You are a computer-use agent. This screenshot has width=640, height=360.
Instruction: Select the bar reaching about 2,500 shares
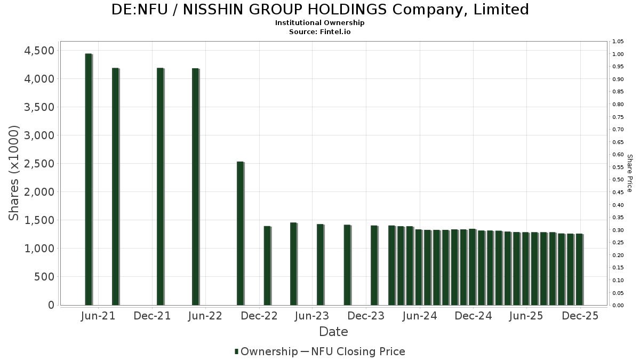pos(240,233)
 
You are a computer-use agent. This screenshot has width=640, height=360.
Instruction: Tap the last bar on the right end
pos(579,269)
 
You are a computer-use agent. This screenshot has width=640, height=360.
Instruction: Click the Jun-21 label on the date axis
pos(99,316)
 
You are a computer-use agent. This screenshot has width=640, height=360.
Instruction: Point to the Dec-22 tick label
pos(259,316)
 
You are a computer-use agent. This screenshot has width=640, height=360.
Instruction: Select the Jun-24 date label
pos(420,316)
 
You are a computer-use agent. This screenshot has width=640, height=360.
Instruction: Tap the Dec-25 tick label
pos(580,316)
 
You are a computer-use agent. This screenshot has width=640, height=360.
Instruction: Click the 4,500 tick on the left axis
pos(37,51)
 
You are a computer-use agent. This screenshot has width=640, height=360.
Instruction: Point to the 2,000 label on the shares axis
pos(37,192)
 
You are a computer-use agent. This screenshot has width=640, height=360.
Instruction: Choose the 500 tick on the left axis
pos(43,277)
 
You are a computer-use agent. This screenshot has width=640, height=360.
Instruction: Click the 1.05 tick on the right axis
pos(618,42)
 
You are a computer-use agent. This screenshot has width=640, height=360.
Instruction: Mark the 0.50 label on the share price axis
pos(618,180)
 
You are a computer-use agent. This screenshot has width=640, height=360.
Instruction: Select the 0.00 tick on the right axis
pos(618,306)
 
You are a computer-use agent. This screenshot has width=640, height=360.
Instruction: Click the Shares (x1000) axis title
pos(14,173)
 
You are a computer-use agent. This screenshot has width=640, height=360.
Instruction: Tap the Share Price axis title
pos(629,173)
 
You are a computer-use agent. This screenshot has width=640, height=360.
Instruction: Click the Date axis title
pos(333,332)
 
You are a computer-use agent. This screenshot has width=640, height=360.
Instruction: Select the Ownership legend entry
pos(266,351)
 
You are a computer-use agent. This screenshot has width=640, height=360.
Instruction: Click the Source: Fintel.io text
pos(320,31)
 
